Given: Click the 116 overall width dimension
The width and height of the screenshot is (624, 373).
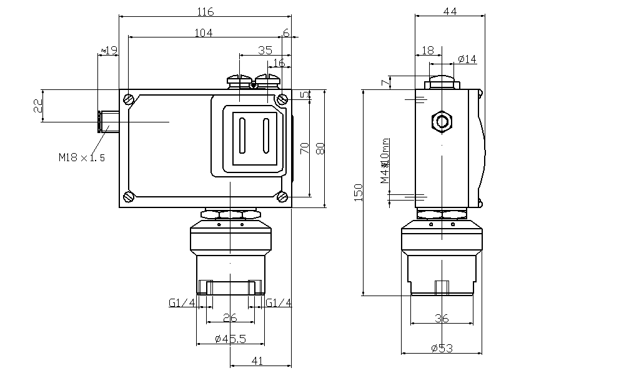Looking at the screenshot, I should (x=206, y=12).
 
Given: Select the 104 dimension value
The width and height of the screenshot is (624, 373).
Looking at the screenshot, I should (x=204, y=33).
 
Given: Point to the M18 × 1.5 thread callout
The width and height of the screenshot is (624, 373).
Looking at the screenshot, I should (x=82, y=157).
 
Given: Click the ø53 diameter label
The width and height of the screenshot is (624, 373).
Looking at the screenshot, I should (x=442, y=348).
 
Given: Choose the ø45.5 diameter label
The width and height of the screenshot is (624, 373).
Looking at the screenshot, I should (x=230, y=339).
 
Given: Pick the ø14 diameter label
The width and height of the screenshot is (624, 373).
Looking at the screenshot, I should (x=467, y=59).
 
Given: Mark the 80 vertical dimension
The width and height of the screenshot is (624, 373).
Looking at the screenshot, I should (x=320, y=149).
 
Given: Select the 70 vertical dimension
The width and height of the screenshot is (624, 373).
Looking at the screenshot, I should (x=305, y=149).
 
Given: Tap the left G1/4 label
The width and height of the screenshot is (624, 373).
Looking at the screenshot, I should (x=182, y=303).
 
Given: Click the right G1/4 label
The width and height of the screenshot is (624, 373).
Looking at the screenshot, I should (x=279, y=303).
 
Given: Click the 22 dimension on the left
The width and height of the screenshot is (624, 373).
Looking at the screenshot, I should (x=37, y=106).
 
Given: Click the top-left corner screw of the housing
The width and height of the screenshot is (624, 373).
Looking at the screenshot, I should (x=129, y=98).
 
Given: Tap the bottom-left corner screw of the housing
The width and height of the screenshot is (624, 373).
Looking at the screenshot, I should (x=129, y=196).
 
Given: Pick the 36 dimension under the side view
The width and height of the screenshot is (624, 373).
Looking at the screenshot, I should (x=442, y=319).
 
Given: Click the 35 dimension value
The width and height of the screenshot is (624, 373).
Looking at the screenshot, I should (x=264, y=50).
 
